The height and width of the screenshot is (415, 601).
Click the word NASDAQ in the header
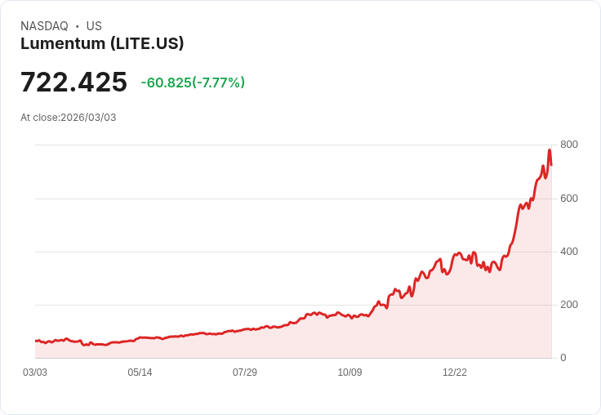pyautogui.click(x=44, y=26)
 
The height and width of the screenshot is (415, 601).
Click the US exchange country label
pyautogui.click(x=94, y=26)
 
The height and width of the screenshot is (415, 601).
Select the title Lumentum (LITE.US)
pyautogui.click(x=102, y=43)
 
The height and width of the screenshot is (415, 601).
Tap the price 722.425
pyautogui.click(x=73, y=82)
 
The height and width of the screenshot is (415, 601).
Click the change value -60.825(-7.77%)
pyautogui.click(x=193, y=83)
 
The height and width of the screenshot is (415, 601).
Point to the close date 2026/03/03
pyautogui.click(x=88, y=118)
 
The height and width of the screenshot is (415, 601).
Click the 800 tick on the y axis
pyautogui.click(x=568, y=145)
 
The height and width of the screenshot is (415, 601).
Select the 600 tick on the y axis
pyautogui.click(x=568, y=198)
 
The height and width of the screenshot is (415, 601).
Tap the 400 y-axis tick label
pyautogui.click(x=568, y=251)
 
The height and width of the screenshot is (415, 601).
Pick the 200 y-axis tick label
pyautogui.click(x=568, y=304)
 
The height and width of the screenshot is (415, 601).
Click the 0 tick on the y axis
pyautogui.click(x=563, y=357)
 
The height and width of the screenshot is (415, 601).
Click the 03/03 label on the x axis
pyautogui.click(x=35, y=373)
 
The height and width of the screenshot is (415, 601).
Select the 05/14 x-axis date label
pyautogui.click(x=140, y=373)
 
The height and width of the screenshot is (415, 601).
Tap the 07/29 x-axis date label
pyautogui.click(x=245, y=373)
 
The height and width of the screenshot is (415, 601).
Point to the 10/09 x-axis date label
pyautogui.click(x=349, y=373)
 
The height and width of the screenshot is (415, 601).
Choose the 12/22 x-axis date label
pyautogui.click(x=455, y=373)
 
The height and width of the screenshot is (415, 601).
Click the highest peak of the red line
pyautogui.click(x=550, y=149)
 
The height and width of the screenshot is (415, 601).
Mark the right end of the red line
pyautogui.click(x=551, y=165)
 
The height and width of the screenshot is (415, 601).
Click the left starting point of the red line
pyautogui.click(x=35, y=341)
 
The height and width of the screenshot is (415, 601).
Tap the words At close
pyautogui.click(x=39, y=118)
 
